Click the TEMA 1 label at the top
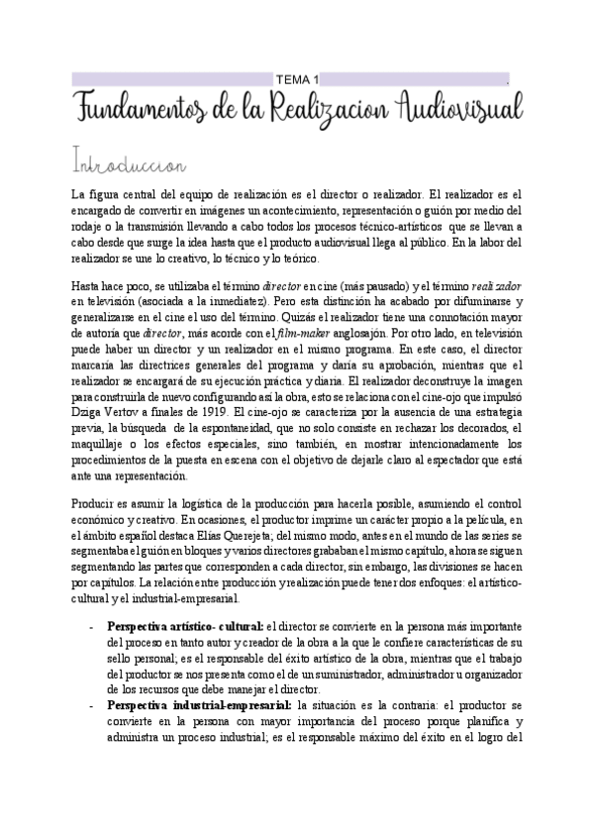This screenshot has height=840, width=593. pos(297,79)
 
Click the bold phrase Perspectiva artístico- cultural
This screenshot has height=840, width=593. pos(185,627)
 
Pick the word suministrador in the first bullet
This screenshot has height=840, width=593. pos(380,675)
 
